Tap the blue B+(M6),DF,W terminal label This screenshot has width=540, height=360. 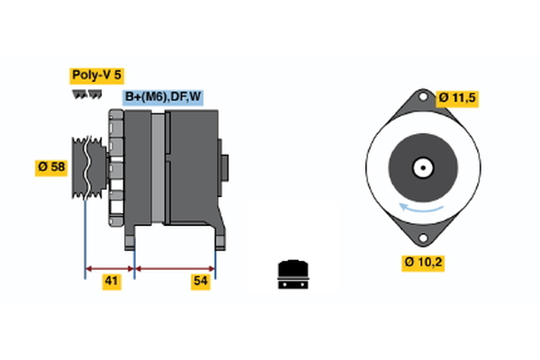[x=163, y=97]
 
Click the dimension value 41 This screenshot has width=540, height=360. [x=112, y=282]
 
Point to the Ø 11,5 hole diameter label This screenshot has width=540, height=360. [x=458, y=96]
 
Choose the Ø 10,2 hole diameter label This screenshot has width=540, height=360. [x=422, y=263]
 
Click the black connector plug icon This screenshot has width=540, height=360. [x=292, y=274]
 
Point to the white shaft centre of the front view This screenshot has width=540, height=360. [x=420, y=166]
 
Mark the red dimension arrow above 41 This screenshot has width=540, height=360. [x=110, y=267]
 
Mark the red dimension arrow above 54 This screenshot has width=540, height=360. [x=175, y=267]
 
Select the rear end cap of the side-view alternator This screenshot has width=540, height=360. [x=224, y=168]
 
